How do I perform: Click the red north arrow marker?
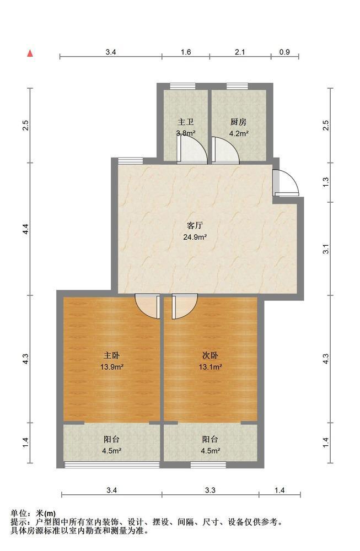pyautogui.click(x=30, y=53)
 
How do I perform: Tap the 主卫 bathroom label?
pyautogui.click(x=186, y=122)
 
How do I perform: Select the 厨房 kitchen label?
pyautogui.click(x=238, y=122)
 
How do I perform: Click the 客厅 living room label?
pyautogui.click(x=195, y=225)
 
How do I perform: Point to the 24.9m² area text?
pyautogui.click(x=195, y=237)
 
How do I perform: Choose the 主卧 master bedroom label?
pyautogui.click(x=112, y=355)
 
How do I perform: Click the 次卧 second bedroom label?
pyautogui.click(x=210, y=355)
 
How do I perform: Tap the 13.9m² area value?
pyautogui.click(x=112, y=367)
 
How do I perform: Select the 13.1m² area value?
pyautogui.click(x=210, y=367)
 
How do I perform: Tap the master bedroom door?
pyautogui.click(x=148, y=306)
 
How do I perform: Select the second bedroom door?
pyautogui.click(x=185, y=306)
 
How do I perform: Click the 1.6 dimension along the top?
pyautogui.click(x=186, y=52)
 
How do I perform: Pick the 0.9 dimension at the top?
pyautogui.click(x=285, y=52)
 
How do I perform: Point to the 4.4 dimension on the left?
pyautogui.click(x=25, y=229)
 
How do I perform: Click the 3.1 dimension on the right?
pyautogui.click(x=326, y=249)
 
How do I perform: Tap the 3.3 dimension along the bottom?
pyautogui.click(x=210, y=490)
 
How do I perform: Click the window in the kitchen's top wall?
pyautogui.click(x=237, y=86)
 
